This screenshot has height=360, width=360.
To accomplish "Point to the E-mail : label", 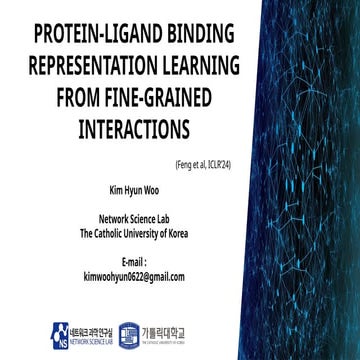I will (134, 261).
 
